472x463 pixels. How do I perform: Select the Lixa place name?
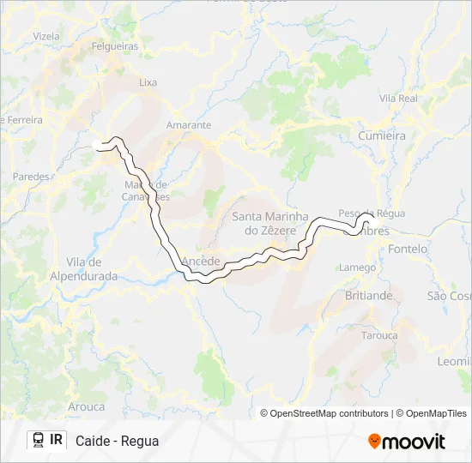click(x=148, y=82)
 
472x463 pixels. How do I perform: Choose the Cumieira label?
click(x=382, y=135)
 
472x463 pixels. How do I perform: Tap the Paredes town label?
click(x=31, y=177)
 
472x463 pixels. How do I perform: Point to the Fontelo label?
click(x=408, y=249)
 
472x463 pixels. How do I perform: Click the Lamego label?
click(x=357, y=268)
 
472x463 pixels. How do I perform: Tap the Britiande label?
click(x=368, y=295)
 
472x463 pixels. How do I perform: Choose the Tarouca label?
click(x=379, y=335)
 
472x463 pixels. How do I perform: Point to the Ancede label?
click(x=202, y=261)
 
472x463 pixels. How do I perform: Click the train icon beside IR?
click(x=39, y=441)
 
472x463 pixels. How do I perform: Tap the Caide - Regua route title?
click(x=117, y=442)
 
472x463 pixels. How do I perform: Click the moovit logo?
click(x=407, y=442)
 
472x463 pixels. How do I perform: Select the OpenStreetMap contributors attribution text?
click(x=330, y=413)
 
